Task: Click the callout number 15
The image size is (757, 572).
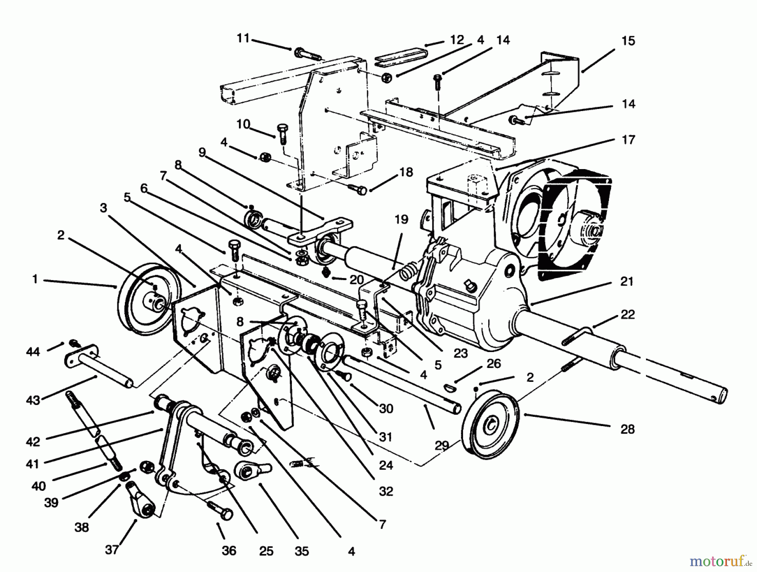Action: (628, 41)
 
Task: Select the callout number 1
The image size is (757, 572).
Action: (35, 279)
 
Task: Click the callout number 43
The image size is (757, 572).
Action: (33, 400)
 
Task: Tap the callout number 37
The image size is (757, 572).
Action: (111, 549)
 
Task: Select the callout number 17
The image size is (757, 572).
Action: (628, 140)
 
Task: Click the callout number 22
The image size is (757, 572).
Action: (627, 315)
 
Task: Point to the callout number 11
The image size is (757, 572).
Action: (243, 38)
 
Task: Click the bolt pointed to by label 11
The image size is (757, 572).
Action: (306, 54)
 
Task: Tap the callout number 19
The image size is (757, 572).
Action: (401, 219)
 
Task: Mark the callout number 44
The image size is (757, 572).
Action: (32, 351)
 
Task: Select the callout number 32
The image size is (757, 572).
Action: (386, 491)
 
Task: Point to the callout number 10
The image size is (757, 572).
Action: (243, 124)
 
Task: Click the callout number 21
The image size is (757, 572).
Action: (627, 281)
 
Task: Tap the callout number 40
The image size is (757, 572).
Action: (38, 486)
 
